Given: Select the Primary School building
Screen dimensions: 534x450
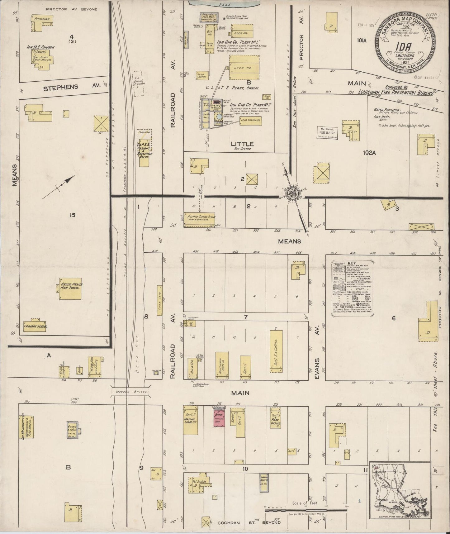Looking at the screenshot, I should (35, 325).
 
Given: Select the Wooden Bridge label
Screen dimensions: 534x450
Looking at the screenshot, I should (130, 391).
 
